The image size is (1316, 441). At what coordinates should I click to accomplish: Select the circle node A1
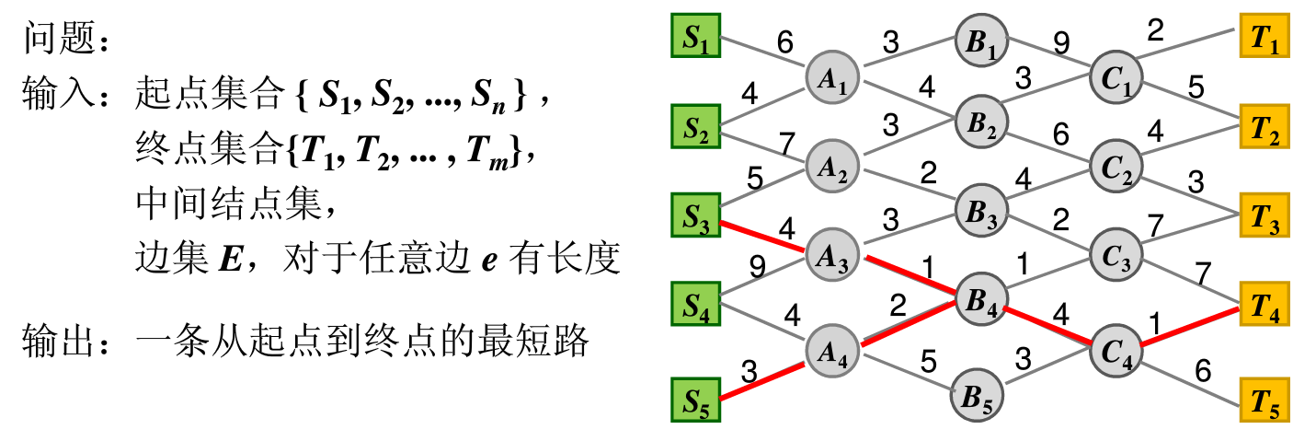tap(832, 77)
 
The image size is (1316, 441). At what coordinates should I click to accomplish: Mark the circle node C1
tap(1116, 77)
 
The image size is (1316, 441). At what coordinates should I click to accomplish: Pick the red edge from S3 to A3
tap(762, 236)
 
